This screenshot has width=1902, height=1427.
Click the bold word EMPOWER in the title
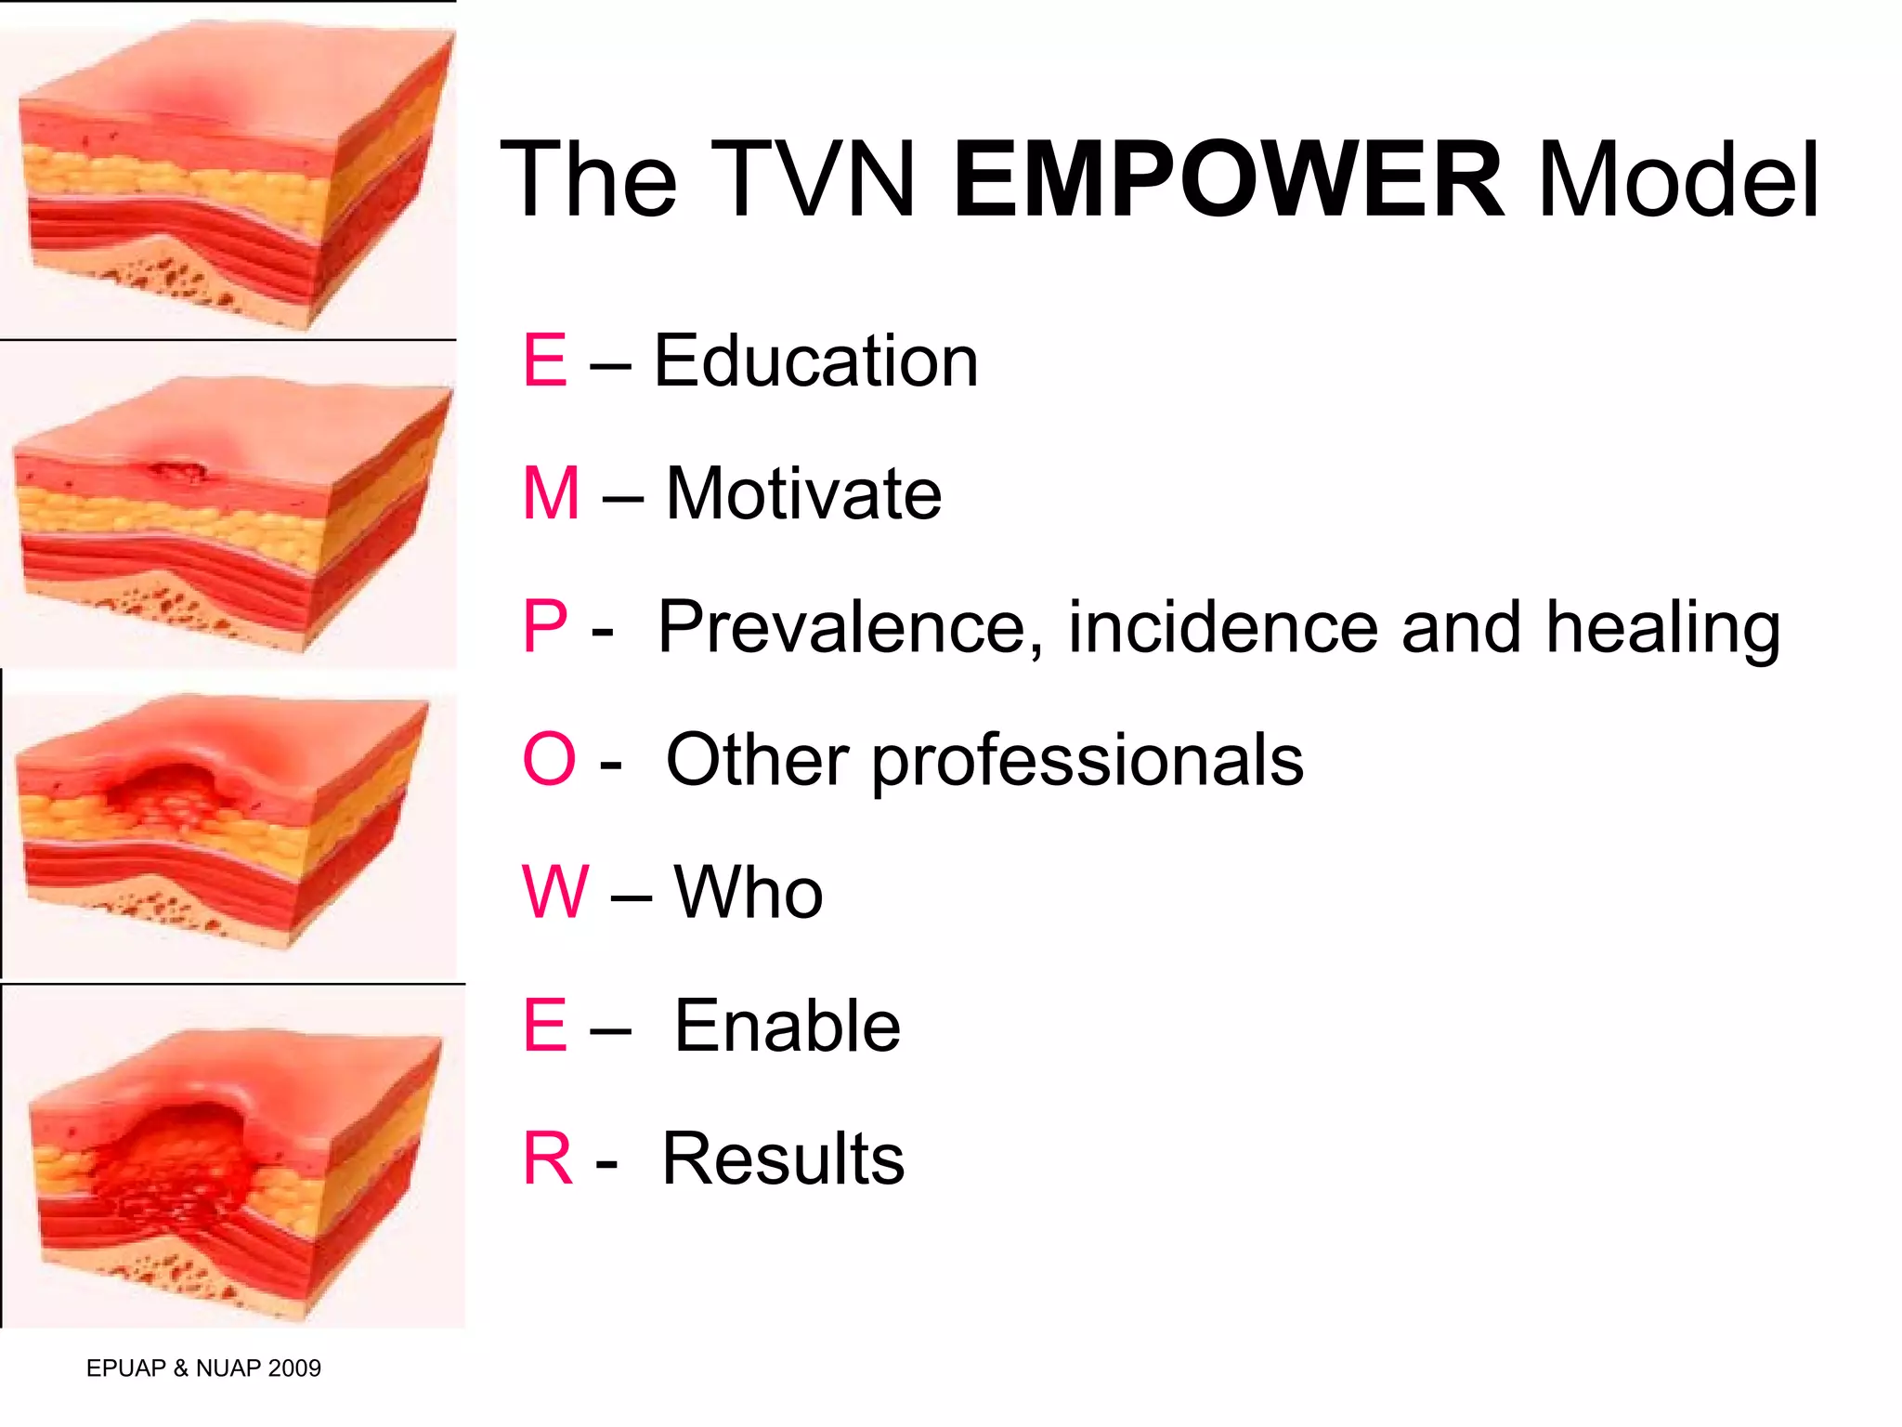point(1228,178)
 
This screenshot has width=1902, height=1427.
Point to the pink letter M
point(551,493)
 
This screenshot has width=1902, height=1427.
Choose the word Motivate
point(803,493)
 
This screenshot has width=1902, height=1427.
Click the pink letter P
point(545,626)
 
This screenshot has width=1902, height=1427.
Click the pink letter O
point(549,759)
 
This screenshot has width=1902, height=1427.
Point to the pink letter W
point(554,892)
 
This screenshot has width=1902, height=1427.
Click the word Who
point(748,892)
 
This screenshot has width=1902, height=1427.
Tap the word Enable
point(787,1026)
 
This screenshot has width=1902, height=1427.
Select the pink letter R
point(547,1159)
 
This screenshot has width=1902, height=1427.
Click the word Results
point(783,1159)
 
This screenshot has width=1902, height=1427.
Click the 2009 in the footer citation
point(293,1368)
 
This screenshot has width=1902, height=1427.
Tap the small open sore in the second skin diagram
point(178,472)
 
